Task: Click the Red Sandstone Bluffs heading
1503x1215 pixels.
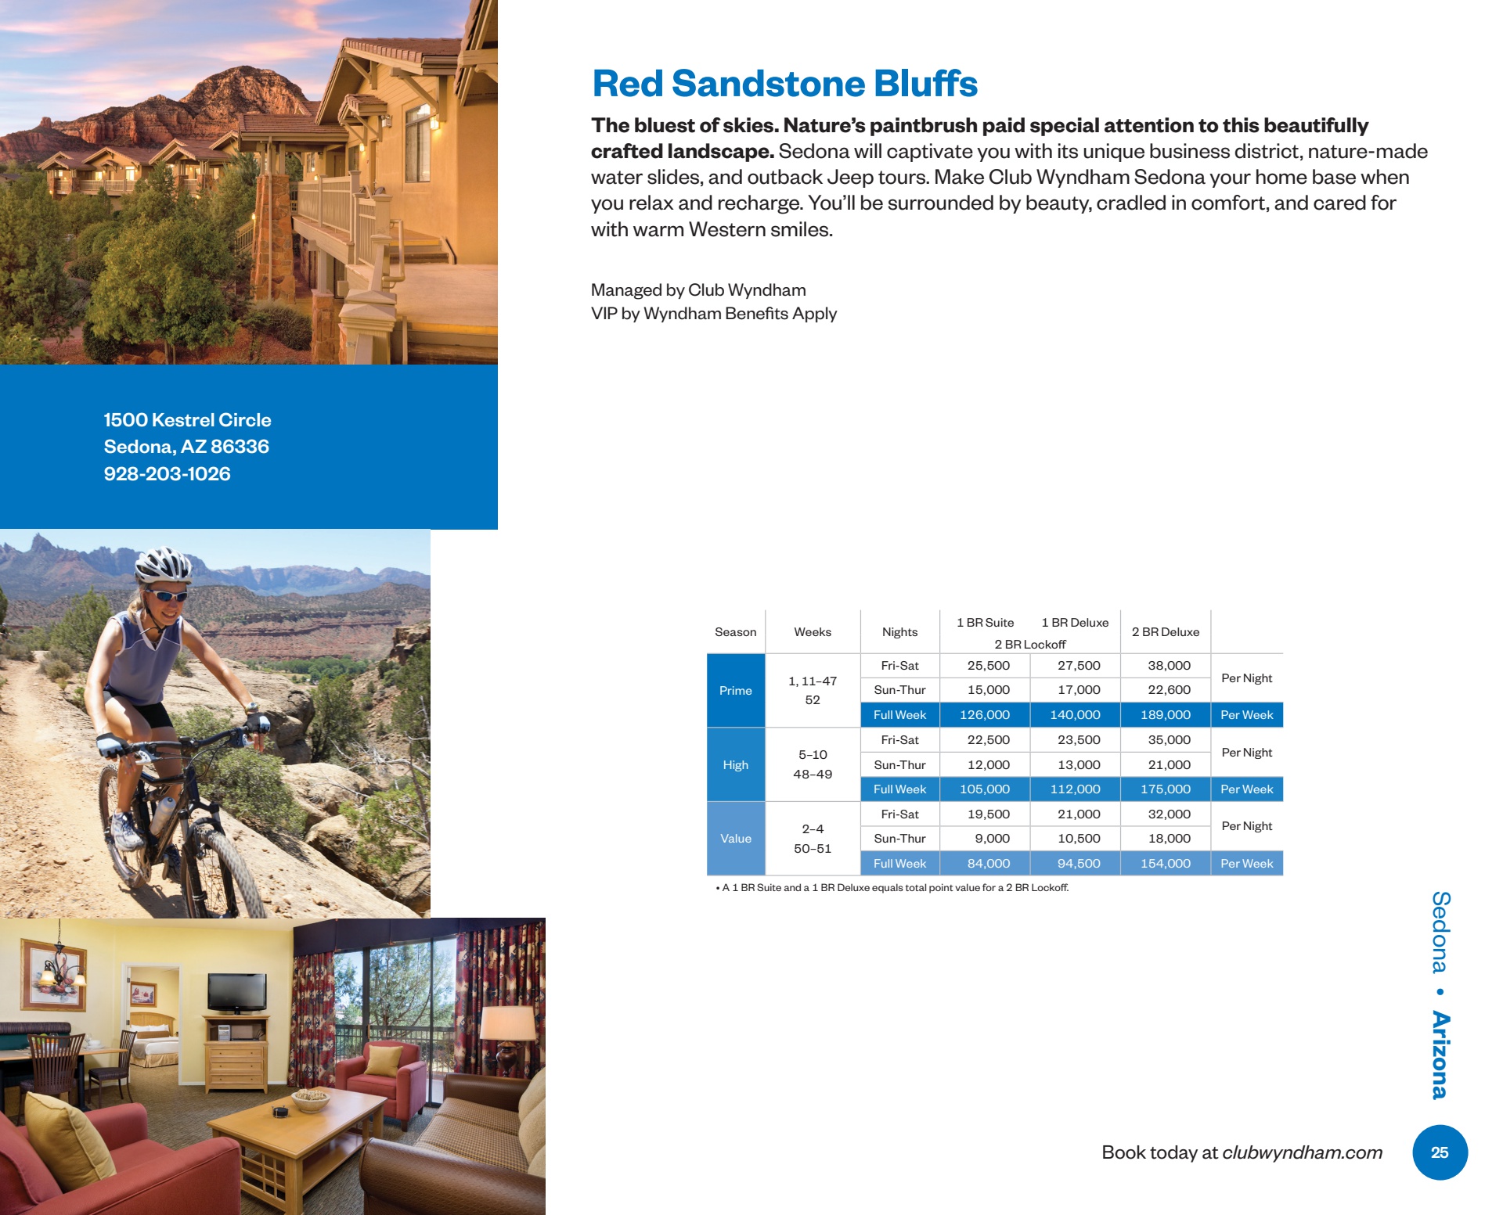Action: coord(784,84)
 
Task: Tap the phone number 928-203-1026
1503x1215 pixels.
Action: coord(167,474)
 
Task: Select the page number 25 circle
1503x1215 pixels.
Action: coord(1440,1152)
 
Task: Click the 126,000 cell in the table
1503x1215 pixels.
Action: coord(985,715)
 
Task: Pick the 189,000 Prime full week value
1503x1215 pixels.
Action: coord(1166,715)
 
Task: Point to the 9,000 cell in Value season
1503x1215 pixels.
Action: coord(992,839)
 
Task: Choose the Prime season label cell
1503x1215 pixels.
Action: coord(736,691)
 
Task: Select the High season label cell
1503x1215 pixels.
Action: coord(736,765)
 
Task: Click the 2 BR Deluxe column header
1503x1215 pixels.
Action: coord(1166,632)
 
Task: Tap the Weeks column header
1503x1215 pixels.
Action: coord(813,632)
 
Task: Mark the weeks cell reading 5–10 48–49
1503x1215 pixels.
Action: coord(813,765)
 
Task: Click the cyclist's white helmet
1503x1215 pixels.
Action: coord(163,563)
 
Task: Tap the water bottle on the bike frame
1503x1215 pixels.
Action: coord(163,814)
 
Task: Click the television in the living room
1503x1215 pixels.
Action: coord(236,993)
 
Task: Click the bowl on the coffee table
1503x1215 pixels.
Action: coord(311,1100)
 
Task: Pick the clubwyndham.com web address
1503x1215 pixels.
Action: coord(1302,1152)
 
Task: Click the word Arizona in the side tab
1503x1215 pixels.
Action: coord(1440,1055)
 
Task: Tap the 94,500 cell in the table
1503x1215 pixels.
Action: coord(1079,864)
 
